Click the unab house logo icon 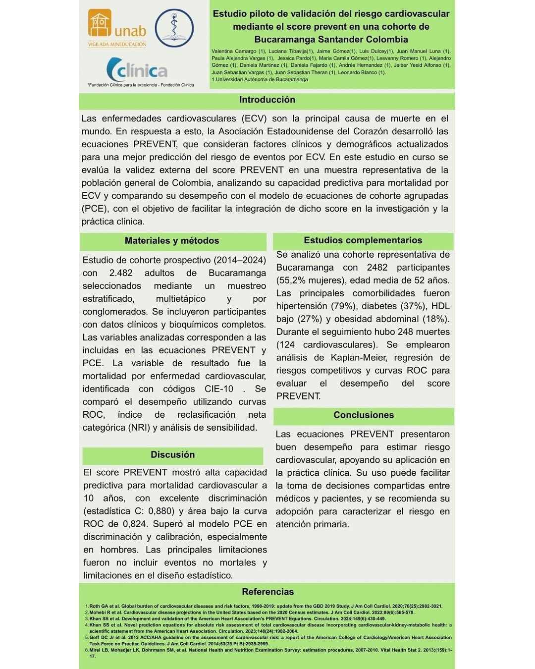[100, 23]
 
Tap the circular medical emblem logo [174, 28]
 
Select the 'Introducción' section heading [267, 100]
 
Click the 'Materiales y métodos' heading [171, 241]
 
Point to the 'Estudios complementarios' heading [363, 240]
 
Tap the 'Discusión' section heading [172, 455]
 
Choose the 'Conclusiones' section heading [364, 415]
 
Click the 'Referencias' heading [267, 592]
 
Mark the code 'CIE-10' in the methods [218, 389]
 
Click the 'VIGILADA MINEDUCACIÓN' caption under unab [117, 45]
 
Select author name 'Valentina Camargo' [234, 51]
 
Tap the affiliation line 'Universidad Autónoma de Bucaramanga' [262, 79]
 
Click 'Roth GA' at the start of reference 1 [99, 606]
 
